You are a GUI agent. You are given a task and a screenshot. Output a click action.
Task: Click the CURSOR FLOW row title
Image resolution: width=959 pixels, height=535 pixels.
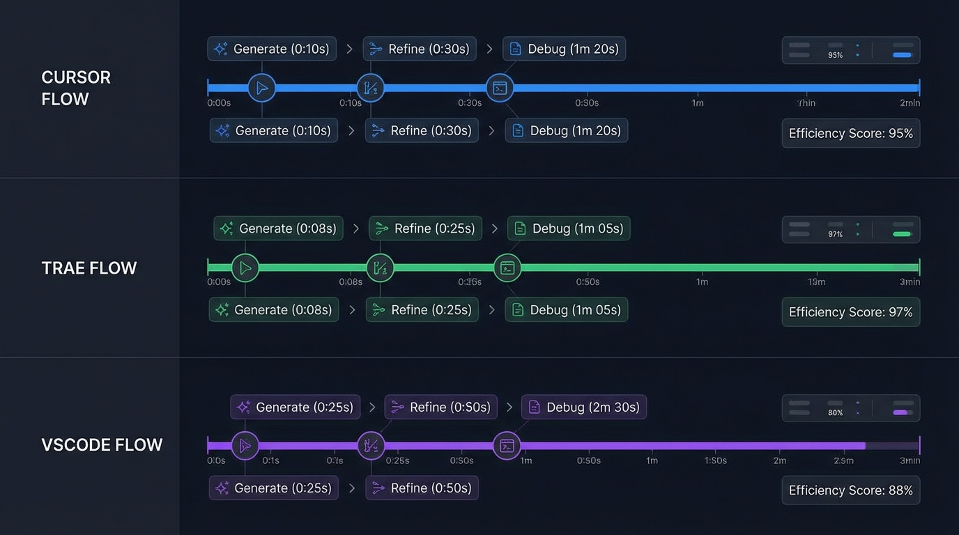click(x=75, y=88)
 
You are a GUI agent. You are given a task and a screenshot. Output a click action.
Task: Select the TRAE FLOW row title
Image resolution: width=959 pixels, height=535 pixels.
click(x=89, y=268)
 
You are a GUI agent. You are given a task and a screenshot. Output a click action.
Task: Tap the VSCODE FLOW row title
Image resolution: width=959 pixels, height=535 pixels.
click(x=102, y=445)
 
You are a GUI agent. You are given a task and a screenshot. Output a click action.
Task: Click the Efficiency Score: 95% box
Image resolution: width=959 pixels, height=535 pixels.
click(x=850, y=133)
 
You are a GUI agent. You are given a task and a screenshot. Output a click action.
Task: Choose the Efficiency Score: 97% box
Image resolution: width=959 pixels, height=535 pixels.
click(x=850, y=312)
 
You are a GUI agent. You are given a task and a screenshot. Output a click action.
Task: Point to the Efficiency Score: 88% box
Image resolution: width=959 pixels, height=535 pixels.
click(x=850, y=490)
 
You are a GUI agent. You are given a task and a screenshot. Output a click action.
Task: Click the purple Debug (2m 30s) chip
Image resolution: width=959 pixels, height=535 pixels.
click(x=584, y=407)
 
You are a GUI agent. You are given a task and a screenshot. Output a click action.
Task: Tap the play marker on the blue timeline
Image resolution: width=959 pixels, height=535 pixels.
click(x=262, y=88)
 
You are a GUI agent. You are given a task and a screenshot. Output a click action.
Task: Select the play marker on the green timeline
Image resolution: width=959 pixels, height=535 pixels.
click(x=245, y=267)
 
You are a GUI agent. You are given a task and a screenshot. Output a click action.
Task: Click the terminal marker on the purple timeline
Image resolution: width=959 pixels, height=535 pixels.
click(x=507, y=446)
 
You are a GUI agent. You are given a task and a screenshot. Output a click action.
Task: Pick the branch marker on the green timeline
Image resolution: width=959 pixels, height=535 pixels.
click(x=380, y=267)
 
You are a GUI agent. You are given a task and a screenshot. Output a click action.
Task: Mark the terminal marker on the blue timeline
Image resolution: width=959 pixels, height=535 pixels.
click(x=500, y=88)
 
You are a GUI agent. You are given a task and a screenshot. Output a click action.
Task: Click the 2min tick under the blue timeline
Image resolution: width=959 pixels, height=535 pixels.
click(x=910, y=103)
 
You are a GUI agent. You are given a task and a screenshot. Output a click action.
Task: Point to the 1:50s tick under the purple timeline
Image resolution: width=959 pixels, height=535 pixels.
click(x=715, y=460)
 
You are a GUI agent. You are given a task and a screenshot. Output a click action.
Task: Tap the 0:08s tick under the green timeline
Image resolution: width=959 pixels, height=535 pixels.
click(x=351, y=282)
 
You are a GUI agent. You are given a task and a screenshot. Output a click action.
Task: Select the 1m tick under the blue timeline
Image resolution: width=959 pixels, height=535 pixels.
click(x=697, y=103)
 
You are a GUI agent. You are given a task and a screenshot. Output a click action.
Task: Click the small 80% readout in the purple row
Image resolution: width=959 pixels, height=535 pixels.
click(x=835, y=412)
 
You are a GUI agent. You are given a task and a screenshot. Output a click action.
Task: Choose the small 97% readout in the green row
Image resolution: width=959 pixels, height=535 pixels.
click(x=835, y=234)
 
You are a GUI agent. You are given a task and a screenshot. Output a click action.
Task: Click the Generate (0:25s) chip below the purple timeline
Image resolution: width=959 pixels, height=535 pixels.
click(x=274, y=488)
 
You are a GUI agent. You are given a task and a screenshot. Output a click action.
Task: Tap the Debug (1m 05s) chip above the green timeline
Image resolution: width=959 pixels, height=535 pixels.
click(x=569, y=228)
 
